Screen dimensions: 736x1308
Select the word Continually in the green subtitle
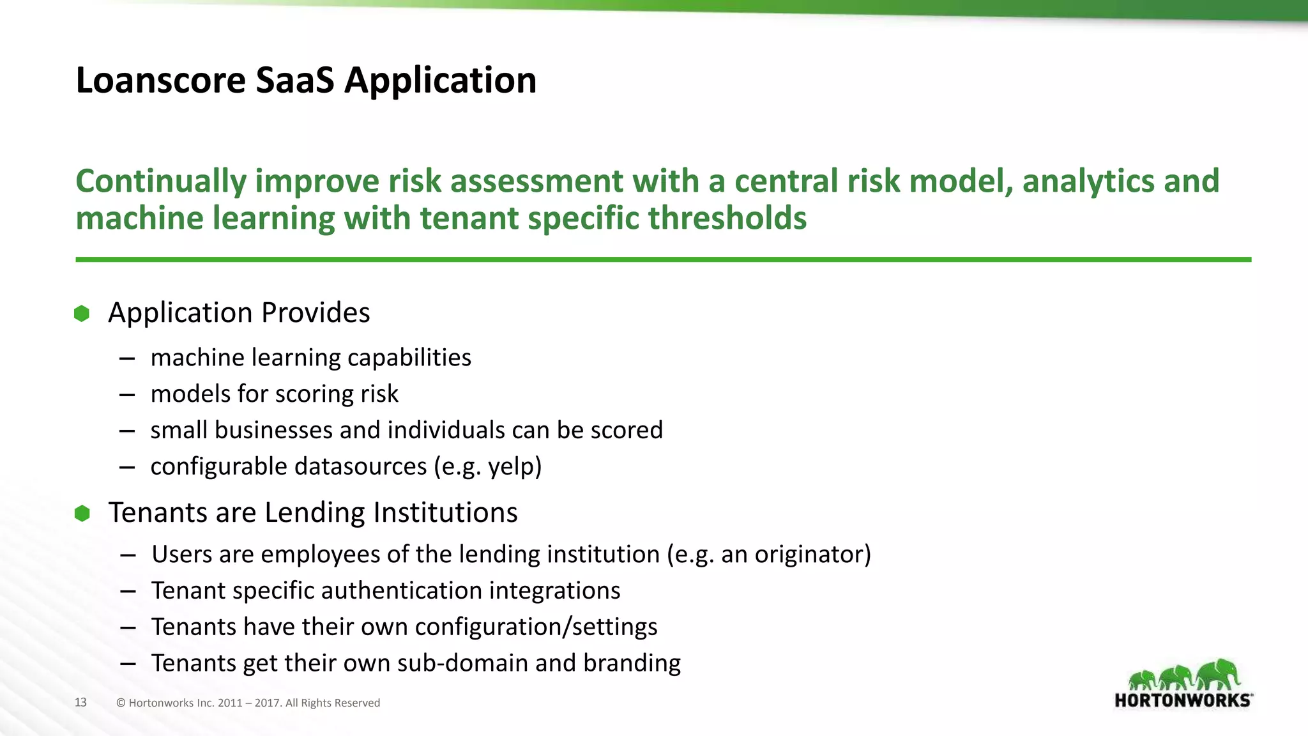point(161,181)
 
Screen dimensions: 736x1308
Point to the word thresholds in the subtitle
point(727,218)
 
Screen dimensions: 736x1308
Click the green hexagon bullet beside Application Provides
point(82,314)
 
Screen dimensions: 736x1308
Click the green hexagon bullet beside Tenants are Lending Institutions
point(82,513)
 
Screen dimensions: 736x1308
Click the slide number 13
point(80,702)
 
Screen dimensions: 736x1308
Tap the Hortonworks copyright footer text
point(248,703)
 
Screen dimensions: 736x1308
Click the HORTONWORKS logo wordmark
point(1183,700)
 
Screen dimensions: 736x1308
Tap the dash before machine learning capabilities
point(126,358)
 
